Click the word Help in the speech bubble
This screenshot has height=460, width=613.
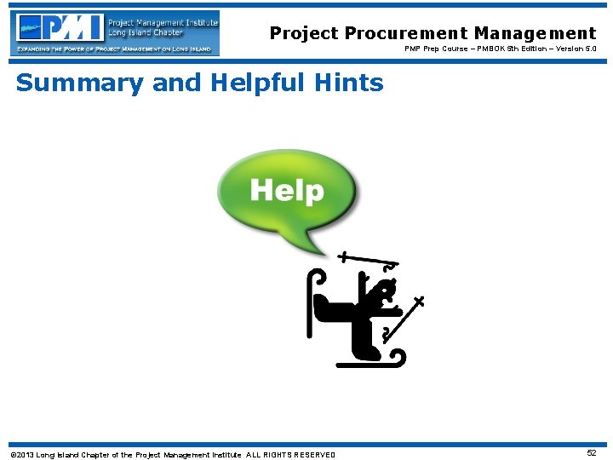[x=287, y=191]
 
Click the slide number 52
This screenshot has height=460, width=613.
[x=591, y=453]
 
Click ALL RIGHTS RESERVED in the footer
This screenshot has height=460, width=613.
[x=290, y=454]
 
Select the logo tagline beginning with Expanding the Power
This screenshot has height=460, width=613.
[x=114, y=49]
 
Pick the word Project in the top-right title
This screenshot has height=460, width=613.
[x=304, y=33]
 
